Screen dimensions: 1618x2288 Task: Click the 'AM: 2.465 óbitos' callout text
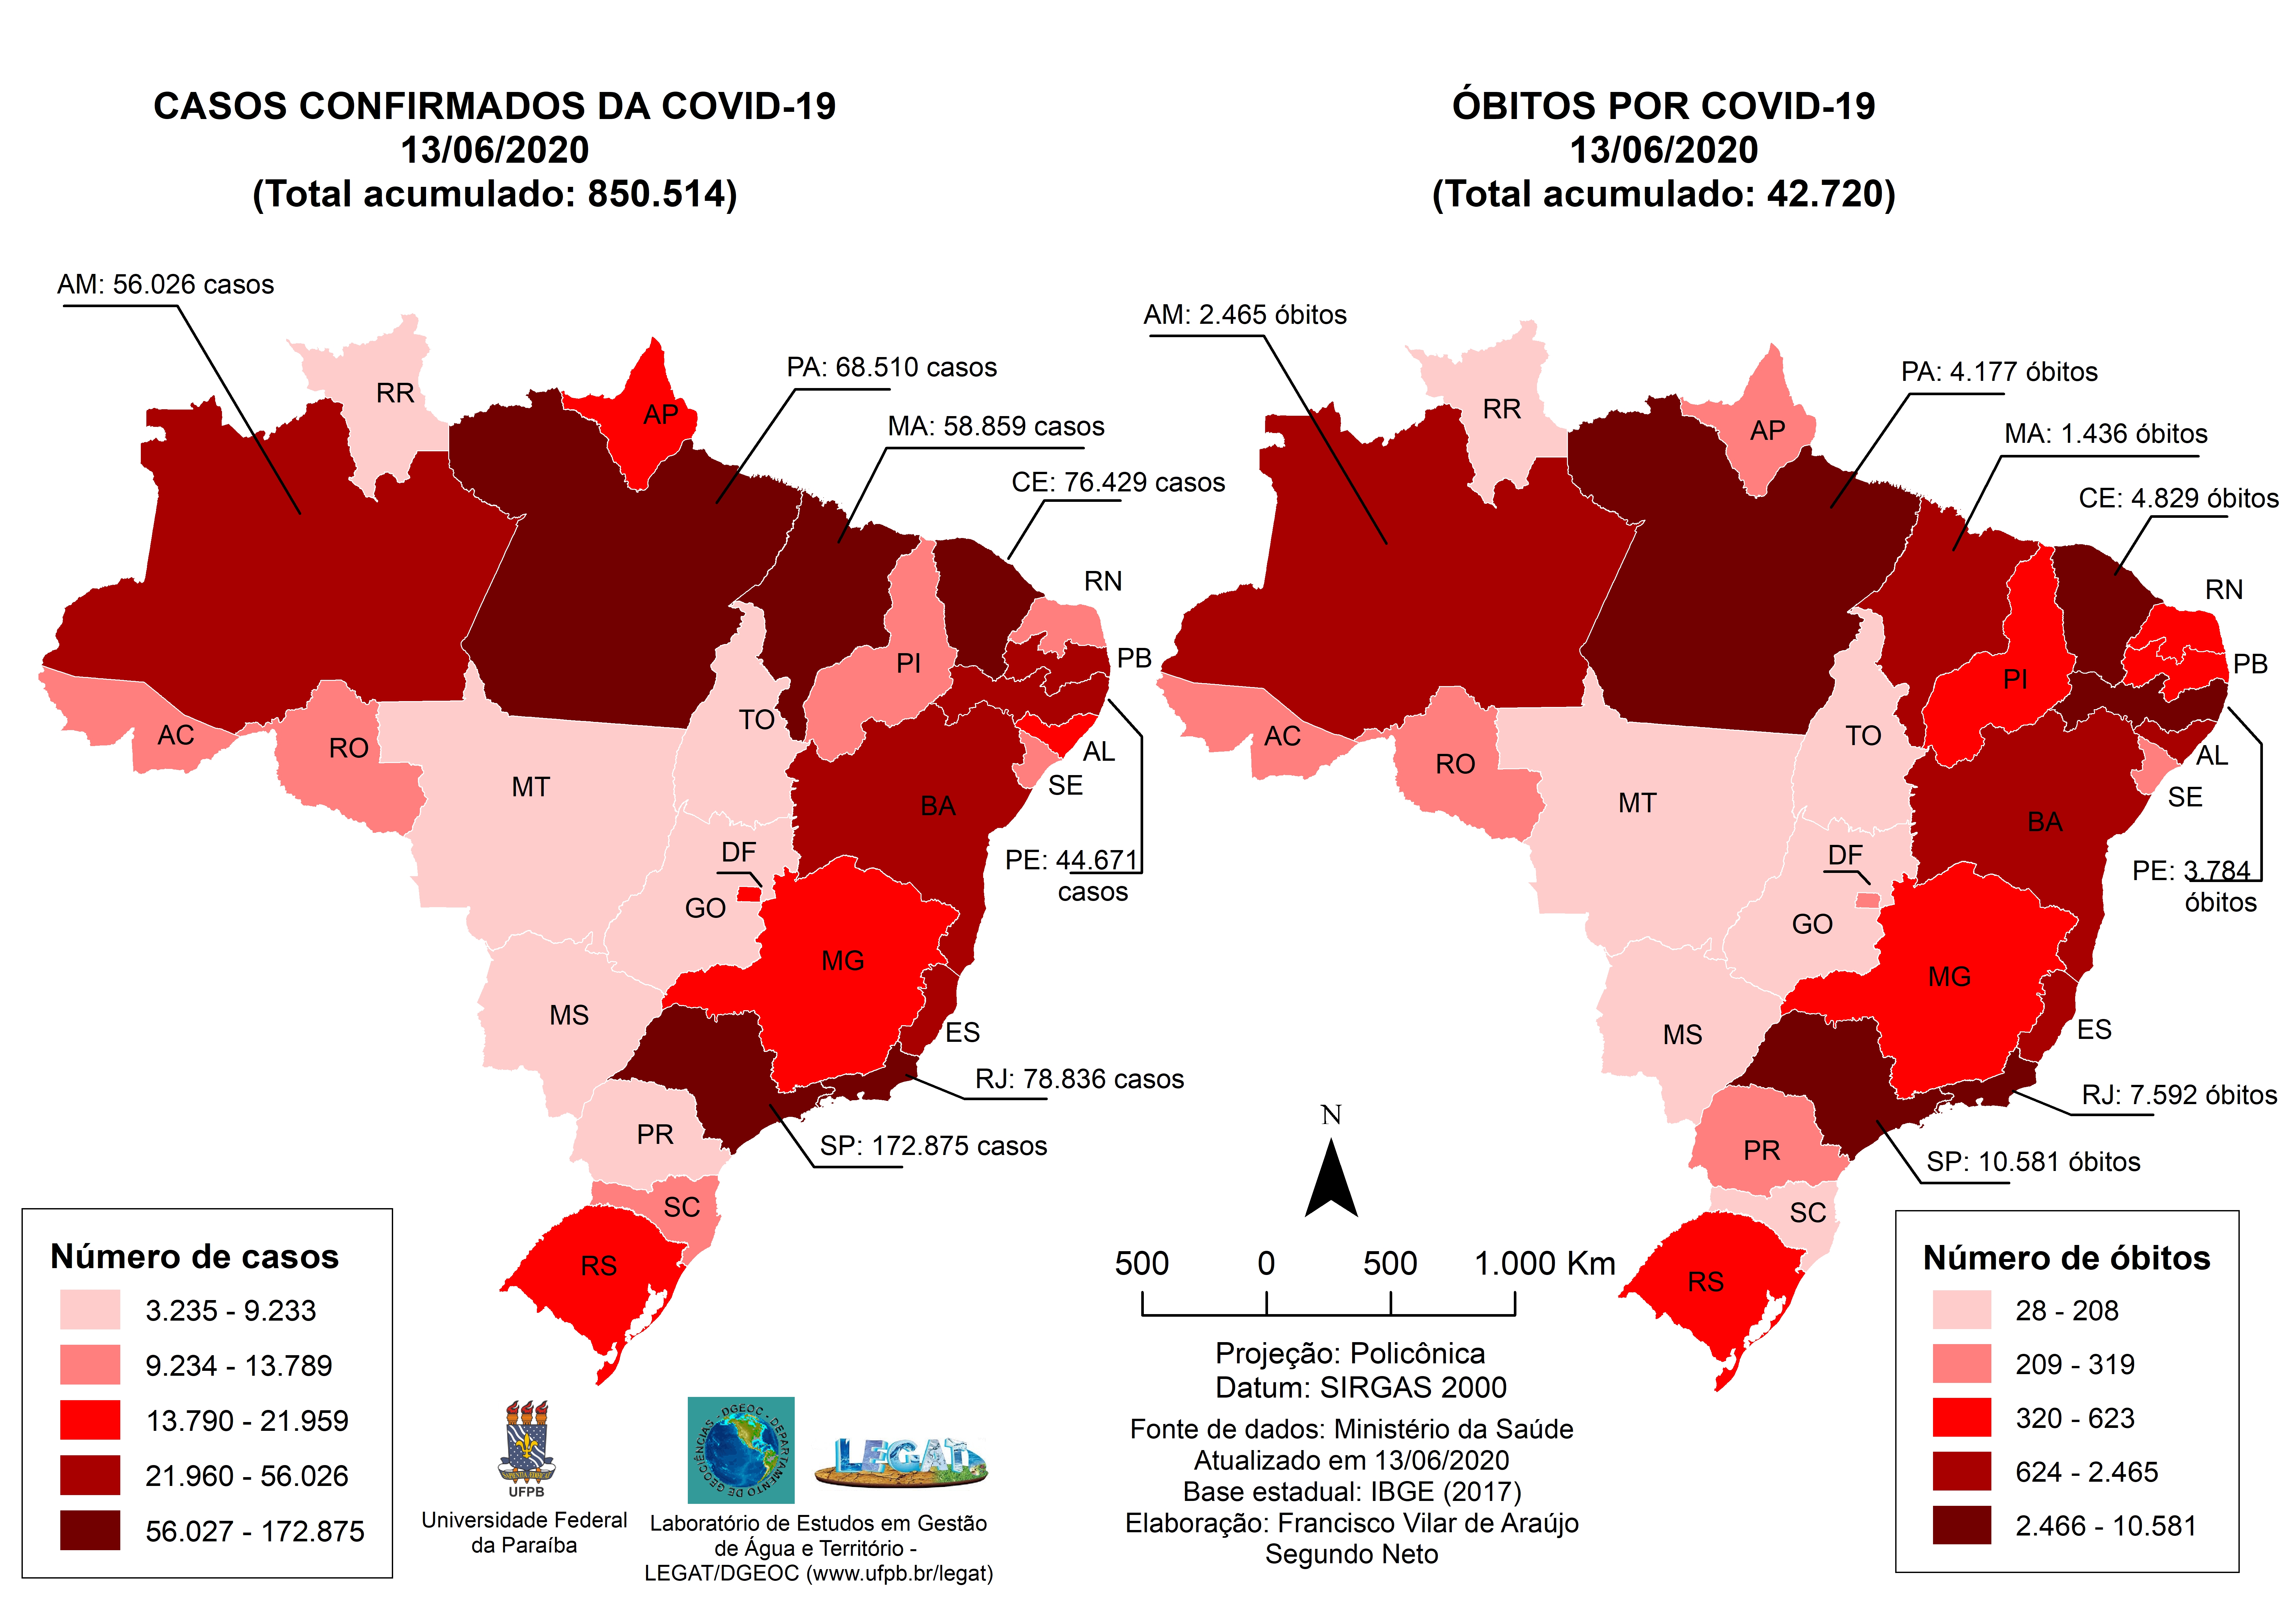(1245, 315)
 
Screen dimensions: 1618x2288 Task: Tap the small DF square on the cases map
(748, 894)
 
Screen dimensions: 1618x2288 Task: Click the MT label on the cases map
(530, 787)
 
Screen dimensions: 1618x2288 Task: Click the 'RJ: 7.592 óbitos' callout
(2178, 1095)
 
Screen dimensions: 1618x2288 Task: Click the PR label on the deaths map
(1761, 1150)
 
